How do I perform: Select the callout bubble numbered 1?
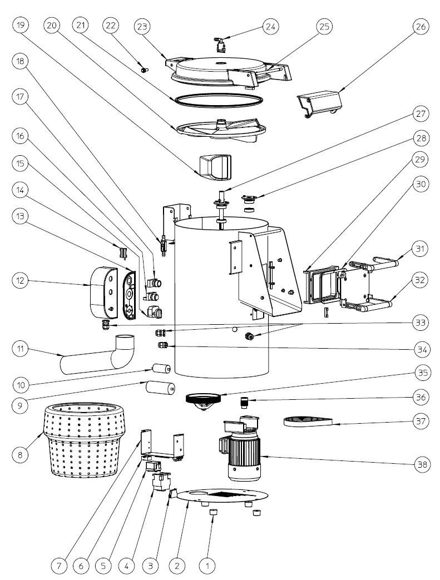(207, 566)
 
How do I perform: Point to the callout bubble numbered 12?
(20, 282)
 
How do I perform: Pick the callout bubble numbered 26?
(421, 26)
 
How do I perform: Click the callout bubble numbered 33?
(421, 323)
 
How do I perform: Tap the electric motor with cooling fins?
(244, 456)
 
